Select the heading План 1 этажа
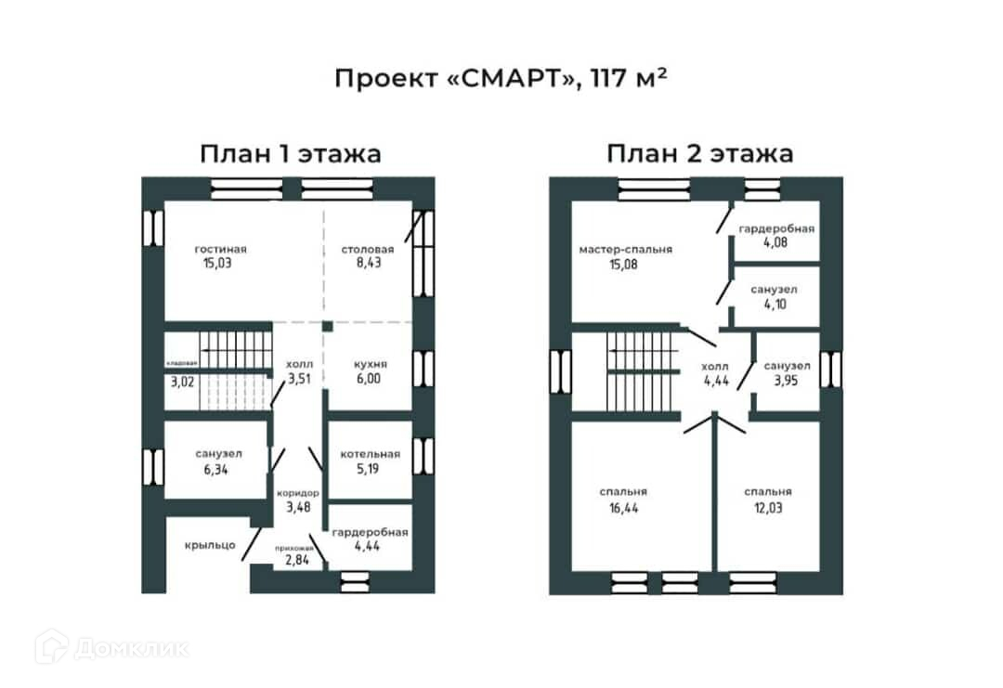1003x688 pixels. pyautogui.click(x=290, y=153)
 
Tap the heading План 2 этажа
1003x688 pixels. pyautogui.click(x=700, y=153)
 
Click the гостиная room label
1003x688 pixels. pyautogui.click(x=221, y=249)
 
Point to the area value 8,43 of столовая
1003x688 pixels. pyautogui.click(x=368, y=264)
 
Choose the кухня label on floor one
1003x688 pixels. pyautogui.click(x=371, y=364)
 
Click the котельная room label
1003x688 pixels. pyautogui.click(x=371, y=454)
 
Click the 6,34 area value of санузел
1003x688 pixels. pyautogui.click(x=219, y=469)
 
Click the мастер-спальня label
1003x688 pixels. pyautogui.click(x=625, y=249)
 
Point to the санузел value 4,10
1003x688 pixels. pyautogui.click(x=774, y=305)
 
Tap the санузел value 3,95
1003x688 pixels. pyautogui.click(x=787, y=381)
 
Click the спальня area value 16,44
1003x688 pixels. pyautogui.click(x=623, y=508)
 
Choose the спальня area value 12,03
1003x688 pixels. pyautogui.click(x=767, y=508)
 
